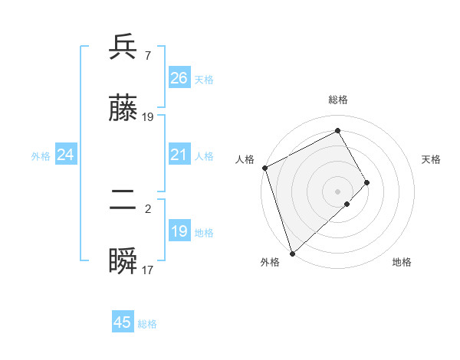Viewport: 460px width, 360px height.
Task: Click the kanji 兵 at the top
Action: [x=123, y=48]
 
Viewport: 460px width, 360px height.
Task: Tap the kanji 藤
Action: [x=123, y=110]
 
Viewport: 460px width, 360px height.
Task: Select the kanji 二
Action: [x=123, y=201]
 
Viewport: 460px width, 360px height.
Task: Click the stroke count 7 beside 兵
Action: [x=147, y=55]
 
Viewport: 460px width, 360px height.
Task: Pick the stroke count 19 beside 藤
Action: [x=148, y=116]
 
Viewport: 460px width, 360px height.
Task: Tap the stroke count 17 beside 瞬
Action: [x=147, y=270]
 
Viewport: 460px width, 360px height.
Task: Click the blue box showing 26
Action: [x=179, y=77]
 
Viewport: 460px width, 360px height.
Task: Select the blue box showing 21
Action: [x=179, y=155]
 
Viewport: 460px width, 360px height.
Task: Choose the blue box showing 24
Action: [x=65, y=155]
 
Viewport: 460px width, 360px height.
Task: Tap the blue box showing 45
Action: [x=123, y=322]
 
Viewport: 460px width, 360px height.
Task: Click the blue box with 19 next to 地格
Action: [x=179, y=231]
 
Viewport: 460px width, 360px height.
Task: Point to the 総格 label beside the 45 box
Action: [x=147, y=324]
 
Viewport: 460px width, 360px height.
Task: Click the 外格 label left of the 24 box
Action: [x=41, y=156]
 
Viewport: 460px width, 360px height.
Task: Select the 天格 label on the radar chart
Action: [x=432, y=159]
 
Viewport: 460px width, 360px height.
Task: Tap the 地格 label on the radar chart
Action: [x=402, y=262]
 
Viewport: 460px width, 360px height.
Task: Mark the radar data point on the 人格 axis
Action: [x=264, y=168]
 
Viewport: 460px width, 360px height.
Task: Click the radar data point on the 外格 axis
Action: [x=291, y=253]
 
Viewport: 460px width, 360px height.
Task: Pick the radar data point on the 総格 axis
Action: [x=337, y=130]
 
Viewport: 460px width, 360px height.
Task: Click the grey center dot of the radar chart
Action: [x=337, y=191]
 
